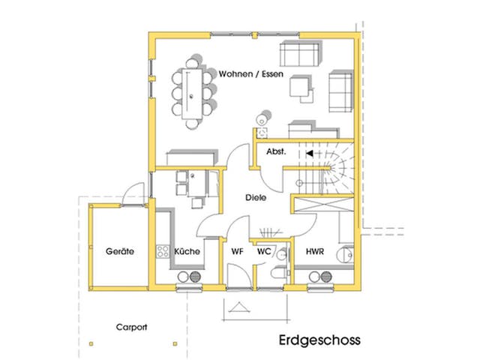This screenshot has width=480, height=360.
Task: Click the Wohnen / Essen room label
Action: pyautogui.click(x=250, y=75)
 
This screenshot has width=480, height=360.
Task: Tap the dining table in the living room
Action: pyautogui.click(x=193, y=92)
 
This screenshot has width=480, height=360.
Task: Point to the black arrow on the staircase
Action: pyautogui.click(x=310, y=153)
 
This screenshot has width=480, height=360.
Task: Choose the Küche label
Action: pyautogui.click(x=187, y=251)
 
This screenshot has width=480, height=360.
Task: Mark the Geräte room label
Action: pyautogui.click(x=119, y=252)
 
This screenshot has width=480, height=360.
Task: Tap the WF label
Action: pyautogui.click(x=238, y=251)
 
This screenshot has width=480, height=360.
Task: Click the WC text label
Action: pyautogui.click(x=264, y=251)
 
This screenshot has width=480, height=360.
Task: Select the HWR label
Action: pyautogui.click(x=316, y=251)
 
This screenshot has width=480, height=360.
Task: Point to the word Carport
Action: pyautogui.click(x=131, y=327)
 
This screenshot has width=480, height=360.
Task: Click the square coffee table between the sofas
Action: pyautogui.click(x=303, y=88)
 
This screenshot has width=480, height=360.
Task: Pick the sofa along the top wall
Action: pyautogui.click(x=300, y=55)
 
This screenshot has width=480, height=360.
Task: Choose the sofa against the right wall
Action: pyautogui.click(x=340, y=89)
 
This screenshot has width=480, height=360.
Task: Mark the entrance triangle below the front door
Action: pyautogui.click(x=240, y=307)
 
